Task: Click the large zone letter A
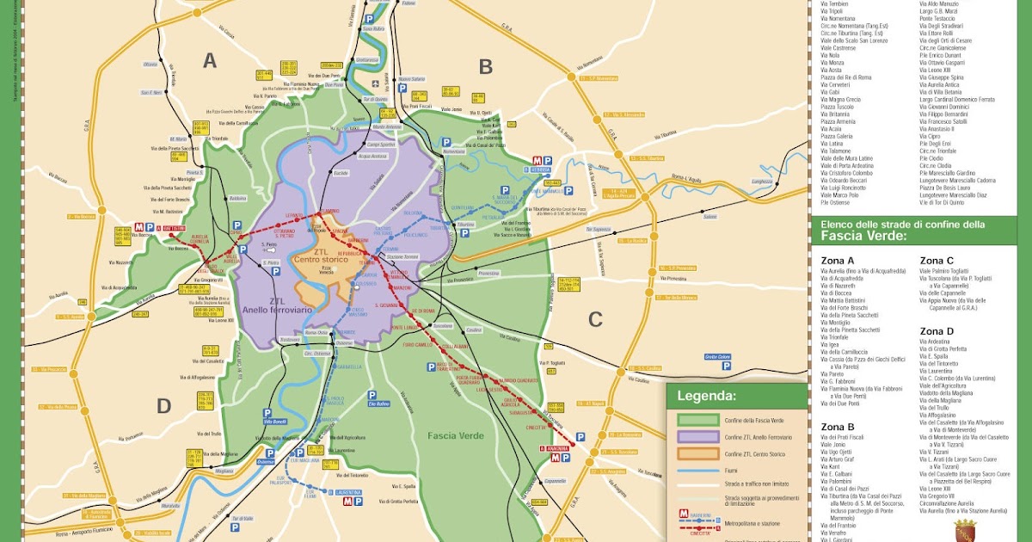point(210,60)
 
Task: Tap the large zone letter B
point(485,66)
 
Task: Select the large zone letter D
point(163,406)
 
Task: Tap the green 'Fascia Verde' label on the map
point(455,435)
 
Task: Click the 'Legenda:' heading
point(706,397)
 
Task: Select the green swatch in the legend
point(697,420)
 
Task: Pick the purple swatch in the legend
point(697,437)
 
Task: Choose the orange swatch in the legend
point(697,453)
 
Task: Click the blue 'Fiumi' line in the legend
point(697,471)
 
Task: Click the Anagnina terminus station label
point(554,448)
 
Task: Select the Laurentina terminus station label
point(348,492)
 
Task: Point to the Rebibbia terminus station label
point(541,170)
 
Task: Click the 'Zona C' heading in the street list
point(937,260)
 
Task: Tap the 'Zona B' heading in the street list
point(838,426)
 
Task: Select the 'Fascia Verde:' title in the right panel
point(863,236)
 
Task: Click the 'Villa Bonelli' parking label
point(274,422)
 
